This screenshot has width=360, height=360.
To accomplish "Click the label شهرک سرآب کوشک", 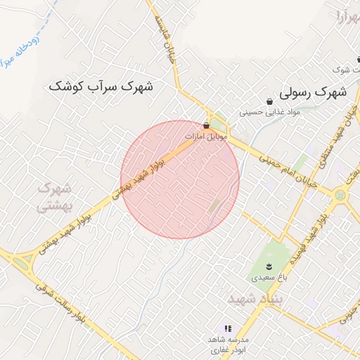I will pyautogui.click(x=102, y=86).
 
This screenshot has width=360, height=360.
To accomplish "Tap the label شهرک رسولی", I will pyautogui.click(x=313, y=91).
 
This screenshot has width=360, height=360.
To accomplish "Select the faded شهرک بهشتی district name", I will pyautogui.click(x=55, y=198).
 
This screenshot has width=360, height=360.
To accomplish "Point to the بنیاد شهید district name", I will pyautogui.click(x=255, y=299).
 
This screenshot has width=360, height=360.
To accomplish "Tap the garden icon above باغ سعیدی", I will pyautogui.click(x=267, y=265).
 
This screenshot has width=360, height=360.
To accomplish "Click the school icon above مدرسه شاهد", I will pyautogui.click(x=227, y=328).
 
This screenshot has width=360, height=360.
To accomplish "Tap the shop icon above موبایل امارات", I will pyautogui.click(x=205, y=124).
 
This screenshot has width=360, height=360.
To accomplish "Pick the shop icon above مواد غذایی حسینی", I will pyautogui.click(x=269, y=101).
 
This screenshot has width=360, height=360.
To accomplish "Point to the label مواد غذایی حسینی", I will pyautogui.click(x=269, y=112).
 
